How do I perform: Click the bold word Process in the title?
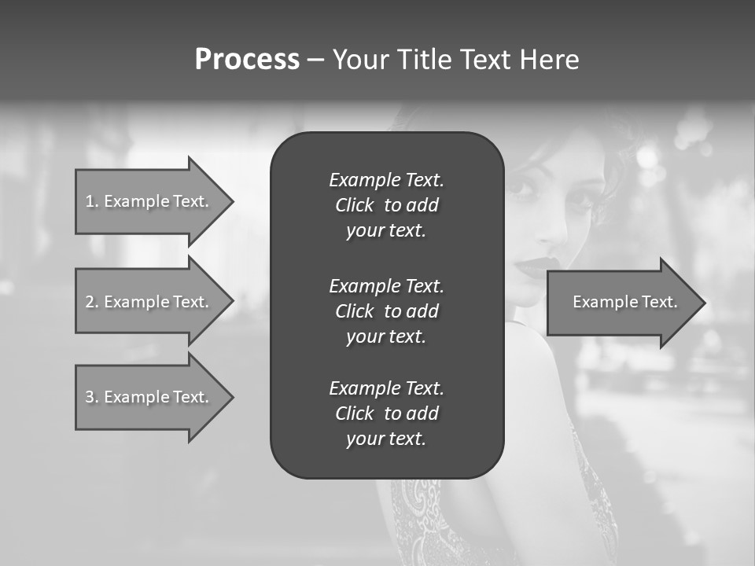[x=247, y=60]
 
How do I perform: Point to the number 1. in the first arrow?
[x=92, y=201]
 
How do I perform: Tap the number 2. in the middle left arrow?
[x=92, y=302]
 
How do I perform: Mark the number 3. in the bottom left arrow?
[x=92, y=397]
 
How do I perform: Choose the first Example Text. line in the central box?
[x=386, y=180]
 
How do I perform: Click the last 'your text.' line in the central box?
[x=386, y=439]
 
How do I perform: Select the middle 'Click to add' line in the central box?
[x=386, y=311]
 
